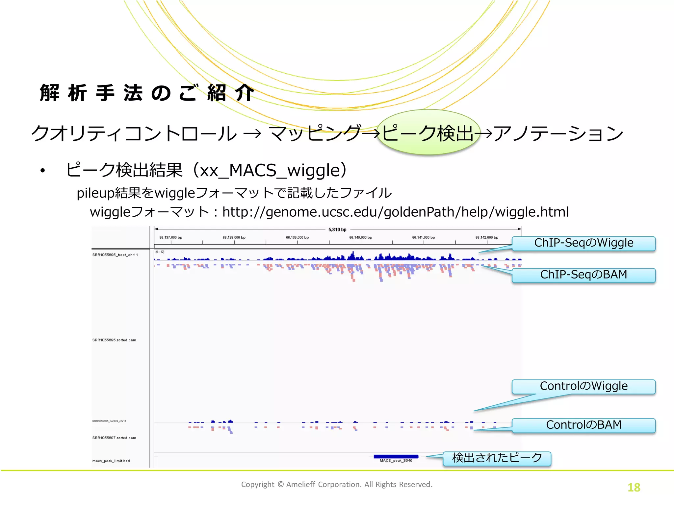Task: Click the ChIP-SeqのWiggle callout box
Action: point(583,243)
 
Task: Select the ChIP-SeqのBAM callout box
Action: point(583,275)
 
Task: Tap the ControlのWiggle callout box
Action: point(583,386)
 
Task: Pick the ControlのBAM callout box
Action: point(583,425)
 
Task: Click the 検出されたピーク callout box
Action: point(497,458)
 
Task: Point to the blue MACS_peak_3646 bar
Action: point(396,456)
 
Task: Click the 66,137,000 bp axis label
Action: point(170,237)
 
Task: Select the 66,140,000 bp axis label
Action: point(360,237)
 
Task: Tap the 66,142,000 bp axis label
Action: point(486,237)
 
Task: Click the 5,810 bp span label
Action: point(337,229)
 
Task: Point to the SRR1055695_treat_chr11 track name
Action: point(115,255)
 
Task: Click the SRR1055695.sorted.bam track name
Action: point(114,340)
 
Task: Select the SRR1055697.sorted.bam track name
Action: point(114,438)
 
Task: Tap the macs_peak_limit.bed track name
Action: point(111,461)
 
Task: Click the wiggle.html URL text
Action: point(395,212)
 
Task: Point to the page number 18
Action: point(634,487)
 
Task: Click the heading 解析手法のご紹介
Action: point(146,93)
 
